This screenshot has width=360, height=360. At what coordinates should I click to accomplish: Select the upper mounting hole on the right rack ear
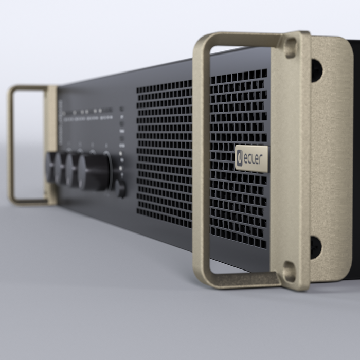click(x=316, y=70)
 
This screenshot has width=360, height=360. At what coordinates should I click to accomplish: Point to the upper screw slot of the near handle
click(x=291, y=47)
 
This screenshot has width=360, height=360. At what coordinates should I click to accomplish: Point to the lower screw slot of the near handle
click(x=290, y=272)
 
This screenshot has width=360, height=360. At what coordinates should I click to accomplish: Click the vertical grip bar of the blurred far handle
click(x=11, y=144)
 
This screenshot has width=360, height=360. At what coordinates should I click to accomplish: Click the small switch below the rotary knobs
click(x=121, y=189)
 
